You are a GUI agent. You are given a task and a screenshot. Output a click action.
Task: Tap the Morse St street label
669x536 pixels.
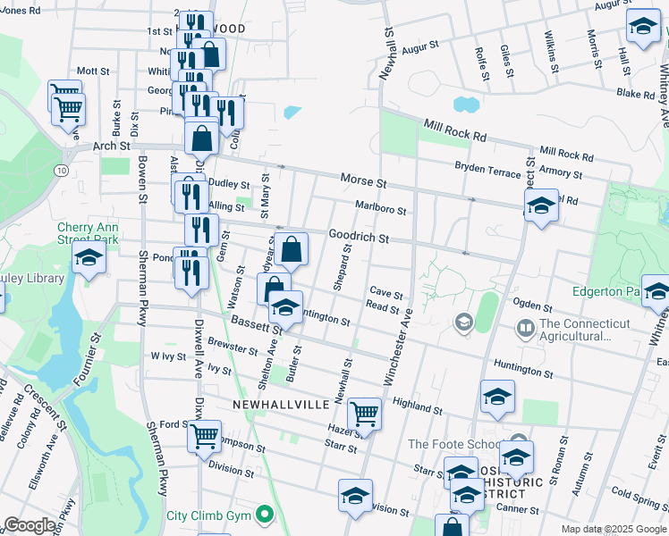tap(362, 180)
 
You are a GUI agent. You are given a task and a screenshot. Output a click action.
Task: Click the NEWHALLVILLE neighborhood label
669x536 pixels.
tap(280, 405)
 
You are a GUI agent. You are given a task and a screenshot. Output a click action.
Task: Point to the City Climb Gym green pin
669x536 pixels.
tap(264, 515)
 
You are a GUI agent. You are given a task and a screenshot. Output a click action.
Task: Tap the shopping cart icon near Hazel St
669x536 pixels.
tap(364, 414)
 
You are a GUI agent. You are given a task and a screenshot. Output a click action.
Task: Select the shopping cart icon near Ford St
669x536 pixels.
tap(205, 436)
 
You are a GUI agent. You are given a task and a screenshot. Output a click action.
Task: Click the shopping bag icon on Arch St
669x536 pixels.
tap(202, 138)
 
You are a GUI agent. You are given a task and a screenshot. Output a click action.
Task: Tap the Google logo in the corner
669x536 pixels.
tap(30, 526)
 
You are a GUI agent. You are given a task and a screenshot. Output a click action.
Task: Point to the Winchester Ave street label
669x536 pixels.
tap(399, 348)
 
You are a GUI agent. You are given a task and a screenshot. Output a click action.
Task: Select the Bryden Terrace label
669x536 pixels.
tap(487, 167)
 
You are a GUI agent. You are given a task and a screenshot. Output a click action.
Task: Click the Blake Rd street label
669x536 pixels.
tap(636, 93)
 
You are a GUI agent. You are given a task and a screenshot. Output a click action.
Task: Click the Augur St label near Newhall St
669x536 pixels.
tap(419, 45)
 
